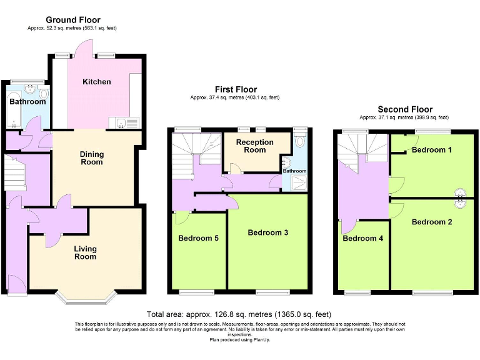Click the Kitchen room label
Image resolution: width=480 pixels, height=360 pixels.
tap(97, 82)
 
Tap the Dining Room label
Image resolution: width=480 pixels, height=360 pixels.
tap(91, 158)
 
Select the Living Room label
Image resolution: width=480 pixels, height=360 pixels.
tap(85, 252)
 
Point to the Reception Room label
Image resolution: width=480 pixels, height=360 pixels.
tap(254, 146)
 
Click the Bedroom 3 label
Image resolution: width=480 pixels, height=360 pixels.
tap(267, 232)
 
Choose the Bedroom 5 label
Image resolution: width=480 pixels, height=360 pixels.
tap(198, 238)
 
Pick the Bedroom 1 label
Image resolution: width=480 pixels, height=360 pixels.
tap(432, 150)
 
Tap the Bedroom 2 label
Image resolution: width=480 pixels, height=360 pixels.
tap(432, 222)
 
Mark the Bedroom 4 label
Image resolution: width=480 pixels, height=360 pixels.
tap(362, 238)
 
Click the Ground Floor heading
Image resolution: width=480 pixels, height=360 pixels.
tap(72, 20)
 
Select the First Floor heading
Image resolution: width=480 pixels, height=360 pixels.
tap(236, 89)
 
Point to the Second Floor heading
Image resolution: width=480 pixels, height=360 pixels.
tap(404, 109)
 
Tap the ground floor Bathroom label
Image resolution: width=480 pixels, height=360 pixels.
tap(27, 102)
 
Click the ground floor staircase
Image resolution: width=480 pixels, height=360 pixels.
tap(14, 173)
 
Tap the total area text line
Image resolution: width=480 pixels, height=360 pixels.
tap(239, 314)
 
